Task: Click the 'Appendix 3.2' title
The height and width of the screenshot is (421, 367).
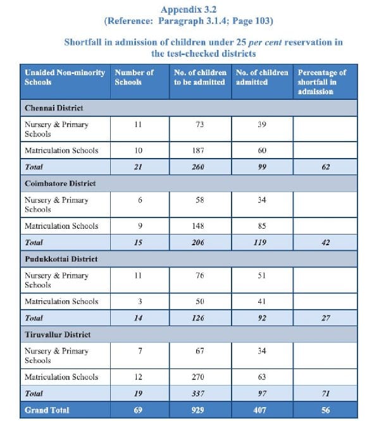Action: [x=189, y=9]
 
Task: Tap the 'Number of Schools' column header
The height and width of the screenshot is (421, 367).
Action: [x=134, y=77]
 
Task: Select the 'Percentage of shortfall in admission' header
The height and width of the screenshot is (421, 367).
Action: [x=321, y=82]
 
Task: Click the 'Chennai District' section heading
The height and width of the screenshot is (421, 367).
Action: [x=54, y=108]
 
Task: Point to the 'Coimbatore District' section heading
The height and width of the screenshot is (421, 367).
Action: [x=60, y=183]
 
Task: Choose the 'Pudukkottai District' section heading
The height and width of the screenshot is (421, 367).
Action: [x=61, y=259]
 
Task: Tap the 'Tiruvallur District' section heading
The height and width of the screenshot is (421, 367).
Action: [x=58, y=334]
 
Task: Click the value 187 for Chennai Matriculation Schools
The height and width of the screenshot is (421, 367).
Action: [x=198, y=150]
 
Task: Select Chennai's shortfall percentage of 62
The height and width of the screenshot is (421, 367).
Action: [x=326, y=167]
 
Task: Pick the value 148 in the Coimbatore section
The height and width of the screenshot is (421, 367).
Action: [x=198, y=226]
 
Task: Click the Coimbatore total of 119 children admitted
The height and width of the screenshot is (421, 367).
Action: [x=260, y=243]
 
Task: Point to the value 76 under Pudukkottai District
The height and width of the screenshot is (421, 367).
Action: [x=199, y=276]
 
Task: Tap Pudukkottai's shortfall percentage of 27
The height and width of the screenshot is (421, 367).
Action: [x=326, y=318]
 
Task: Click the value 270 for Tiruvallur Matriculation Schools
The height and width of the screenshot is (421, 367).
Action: [x=198, y=377]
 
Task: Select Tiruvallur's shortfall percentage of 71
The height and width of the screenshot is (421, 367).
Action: [x=326, y=394]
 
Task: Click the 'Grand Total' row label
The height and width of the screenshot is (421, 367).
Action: [x=47, y=410]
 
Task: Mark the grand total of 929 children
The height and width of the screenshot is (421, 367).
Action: [x=198, y=410]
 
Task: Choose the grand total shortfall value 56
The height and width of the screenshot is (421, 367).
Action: [x=326, y=410]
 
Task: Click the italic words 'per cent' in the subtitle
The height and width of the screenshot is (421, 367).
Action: [x=265, y=42]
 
